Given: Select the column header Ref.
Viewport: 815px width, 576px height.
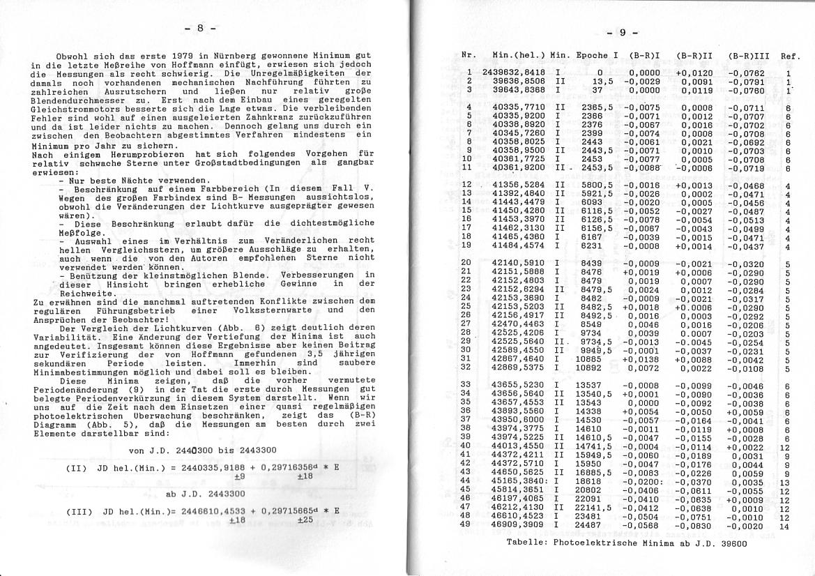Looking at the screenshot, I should point(791,56).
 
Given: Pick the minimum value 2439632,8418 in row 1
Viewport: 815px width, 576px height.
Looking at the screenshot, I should point(513,72).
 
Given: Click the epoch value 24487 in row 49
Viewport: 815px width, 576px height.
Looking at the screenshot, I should point(589,524).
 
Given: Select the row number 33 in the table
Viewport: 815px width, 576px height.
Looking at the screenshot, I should point(466,384).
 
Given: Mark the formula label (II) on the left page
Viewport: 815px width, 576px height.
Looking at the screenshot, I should point(75,467).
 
